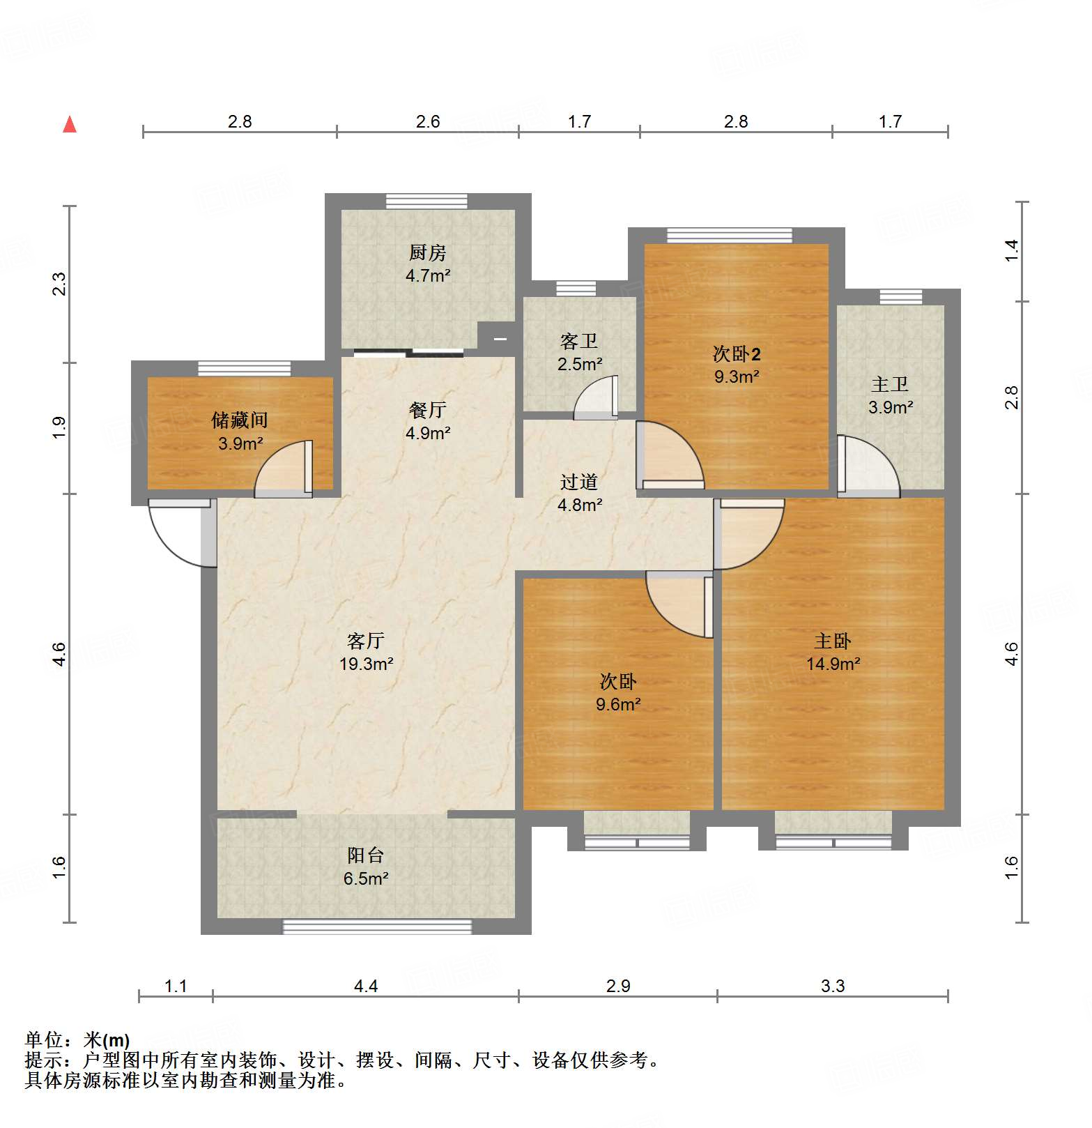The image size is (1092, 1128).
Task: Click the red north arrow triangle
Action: (x=70, y=125)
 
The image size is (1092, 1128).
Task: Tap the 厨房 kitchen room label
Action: (x=427, y=252)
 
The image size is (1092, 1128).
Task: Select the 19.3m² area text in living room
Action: (x=367, y=664)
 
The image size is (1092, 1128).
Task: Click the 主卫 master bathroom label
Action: (x=890, y=384)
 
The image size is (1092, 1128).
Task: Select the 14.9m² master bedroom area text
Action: (x=833, y=664)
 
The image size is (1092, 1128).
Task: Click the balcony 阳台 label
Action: (x=366, y=855)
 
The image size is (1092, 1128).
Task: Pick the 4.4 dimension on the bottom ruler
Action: (x=366, y=986)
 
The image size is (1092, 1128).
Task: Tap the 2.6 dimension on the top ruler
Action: (x=428, y=121)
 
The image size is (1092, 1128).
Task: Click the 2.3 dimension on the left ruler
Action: (x=60, y=284)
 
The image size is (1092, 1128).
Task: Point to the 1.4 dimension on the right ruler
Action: (x=1011, y=251)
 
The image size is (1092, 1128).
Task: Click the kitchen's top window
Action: (x=427, y=201)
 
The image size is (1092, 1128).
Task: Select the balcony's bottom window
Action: (x=377, y=927)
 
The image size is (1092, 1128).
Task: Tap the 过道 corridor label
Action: (x=579, y=482)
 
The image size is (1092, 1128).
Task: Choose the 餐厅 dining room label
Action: (x=427, y=410)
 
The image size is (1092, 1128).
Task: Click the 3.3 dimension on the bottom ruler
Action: (x=833, y=986)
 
